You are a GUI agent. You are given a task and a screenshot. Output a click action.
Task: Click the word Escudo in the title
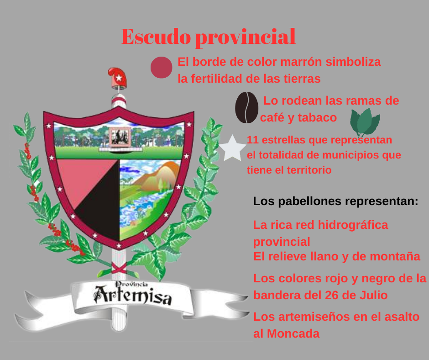point(156,37)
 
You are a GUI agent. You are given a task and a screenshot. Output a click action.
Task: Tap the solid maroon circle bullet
point(162,68)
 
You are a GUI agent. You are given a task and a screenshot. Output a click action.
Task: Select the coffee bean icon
point(247,107)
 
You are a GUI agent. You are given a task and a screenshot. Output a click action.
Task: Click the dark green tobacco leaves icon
point(365,122)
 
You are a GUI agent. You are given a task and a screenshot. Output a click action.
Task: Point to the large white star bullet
point(232,148)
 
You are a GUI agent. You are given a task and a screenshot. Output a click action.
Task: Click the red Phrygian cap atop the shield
point(118,78)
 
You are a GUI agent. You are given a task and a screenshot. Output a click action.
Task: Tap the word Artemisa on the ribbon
point(133,295)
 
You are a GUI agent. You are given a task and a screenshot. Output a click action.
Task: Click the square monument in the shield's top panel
point(120,137)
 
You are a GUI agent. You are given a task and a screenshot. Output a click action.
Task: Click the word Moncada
point(293,334)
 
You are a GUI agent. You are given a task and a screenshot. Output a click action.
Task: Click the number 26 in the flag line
point(332,295)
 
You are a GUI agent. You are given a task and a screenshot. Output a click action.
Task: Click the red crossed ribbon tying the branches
point(119,268)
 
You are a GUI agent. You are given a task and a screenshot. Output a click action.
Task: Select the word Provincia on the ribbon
point(131,284)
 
